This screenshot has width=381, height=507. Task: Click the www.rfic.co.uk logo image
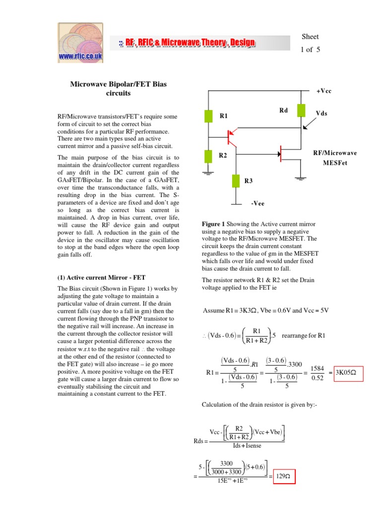tap(81, 43)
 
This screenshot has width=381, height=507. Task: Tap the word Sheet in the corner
tap(310, 37)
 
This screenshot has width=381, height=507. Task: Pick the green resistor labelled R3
tap(236, 181)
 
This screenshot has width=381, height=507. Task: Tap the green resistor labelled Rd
tap(301, 110)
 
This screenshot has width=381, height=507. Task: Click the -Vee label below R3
tap(257, 203)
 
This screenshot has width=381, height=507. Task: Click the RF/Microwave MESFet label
tap(335, 157)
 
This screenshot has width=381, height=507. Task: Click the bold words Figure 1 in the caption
tap(214, 224)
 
